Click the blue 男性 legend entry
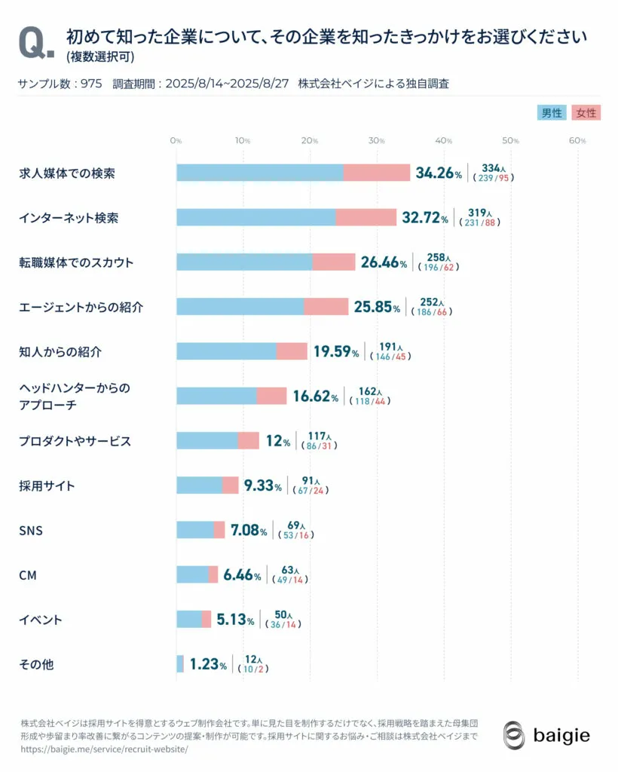(552, 113)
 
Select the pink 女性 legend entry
(586, 113)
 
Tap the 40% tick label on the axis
(444, 141)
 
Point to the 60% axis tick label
(577, 141)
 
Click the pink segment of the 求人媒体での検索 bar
(377, 173)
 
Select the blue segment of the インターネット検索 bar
(255, 218)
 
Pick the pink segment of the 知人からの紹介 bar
(292, 351)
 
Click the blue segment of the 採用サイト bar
(199, 485)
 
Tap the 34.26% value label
(439, 173)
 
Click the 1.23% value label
(208, 664)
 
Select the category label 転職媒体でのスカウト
(76, 262)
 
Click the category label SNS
(31, 531)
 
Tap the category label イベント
(41, 620)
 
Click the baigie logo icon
(514, 735)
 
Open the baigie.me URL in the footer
(104, 750)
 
